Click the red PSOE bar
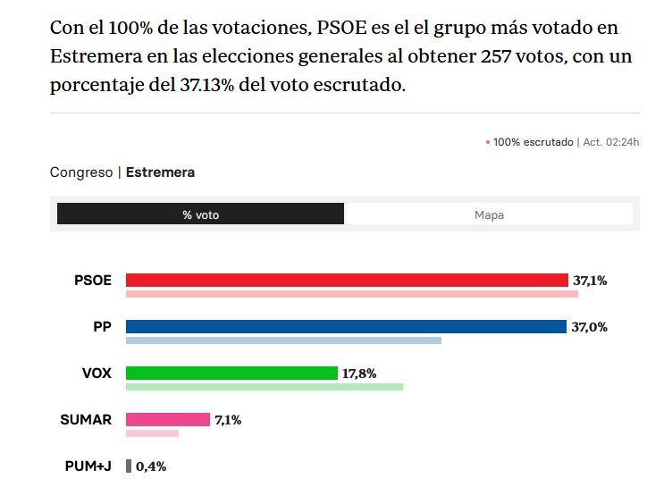click(347, 280)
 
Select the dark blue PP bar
click(347, 326)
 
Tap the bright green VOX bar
click(231, 373)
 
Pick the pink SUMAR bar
click(168, 419)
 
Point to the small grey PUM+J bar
click(129, 466)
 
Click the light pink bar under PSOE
click(352, 294)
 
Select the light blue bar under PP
click(283, 340)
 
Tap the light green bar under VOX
click(265, 387)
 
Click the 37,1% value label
click(590, 281)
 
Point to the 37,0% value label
click(590, 327)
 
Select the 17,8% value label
click(359, 374)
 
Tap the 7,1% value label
click(228, 420)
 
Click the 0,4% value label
click(151, 466)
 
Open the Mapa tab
click(489, 214)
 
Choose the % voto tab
click(200, 214)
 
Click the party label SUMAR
click(86, 419)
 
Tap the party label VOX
click(97, 373)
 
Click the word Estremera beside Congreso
click(160, 172)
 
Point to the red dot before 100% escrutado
click(488, 142)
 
